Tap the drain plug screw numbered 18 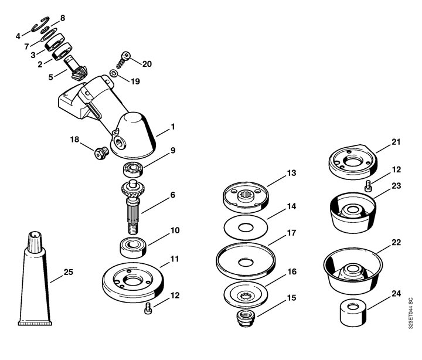101,153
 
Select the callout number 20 147,64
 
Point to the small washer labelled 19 114,73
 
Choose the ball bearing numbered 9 133,170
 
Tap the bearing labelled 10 133,247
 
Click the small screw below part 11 148,308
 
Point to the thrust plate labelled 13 246,197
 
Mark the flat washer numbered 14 246,228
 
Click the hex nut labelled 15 245,318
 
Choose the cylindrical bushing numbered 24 353,314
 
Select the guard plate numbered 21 353,162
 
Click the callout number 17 291,233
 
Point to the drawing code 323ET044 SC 410,313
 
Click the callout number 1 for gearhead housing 173,127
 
